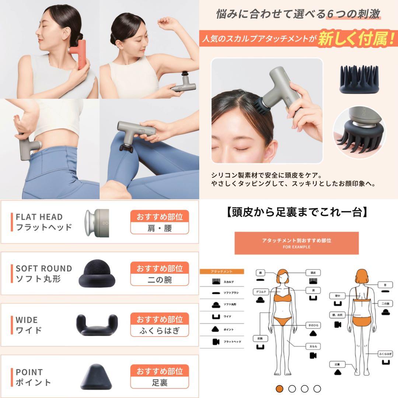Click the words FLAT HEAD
pyautogui.click(x=39, y=217)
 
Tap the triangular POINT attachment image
pyautogui.click(x=97, y=376)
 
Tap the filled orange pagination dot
pyautogui.click(x=280, y=388)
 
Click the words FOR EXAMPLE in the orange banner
pyautogui.click(x=296, y=247)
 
